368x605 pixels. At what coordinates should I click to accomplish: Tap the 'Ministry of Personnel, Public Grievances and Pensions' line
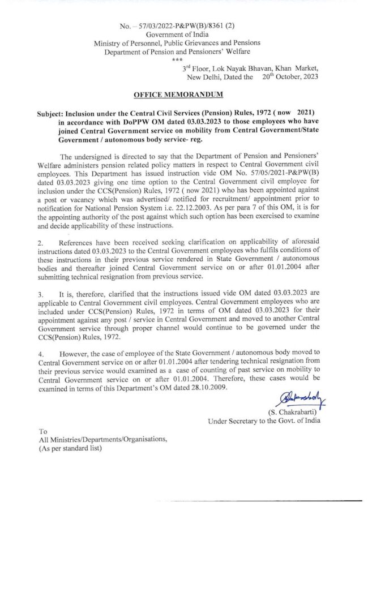tap(177, 43)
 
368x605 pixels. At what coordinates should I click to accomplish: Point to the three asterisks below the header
tap(177, 59)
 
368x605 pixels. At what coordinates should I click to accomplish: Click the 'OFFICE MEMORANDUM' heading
tap(178, 94)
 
